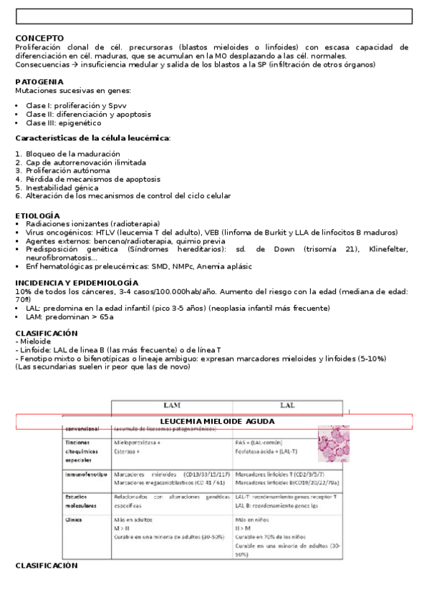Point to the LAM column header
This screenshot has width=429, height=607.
tap(172, 406)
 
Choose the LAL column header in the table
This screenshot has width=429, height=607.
tap(287, 406)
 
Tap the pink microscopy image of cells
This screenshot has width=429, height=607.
tap(333, 445)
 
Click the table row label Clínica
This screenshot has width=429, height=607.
tap(74, 520)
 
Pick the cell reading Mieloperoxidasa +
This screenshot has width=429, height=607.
tap(137, 443)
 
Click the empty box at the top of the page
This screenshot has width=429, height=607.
tap(214, 16)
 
